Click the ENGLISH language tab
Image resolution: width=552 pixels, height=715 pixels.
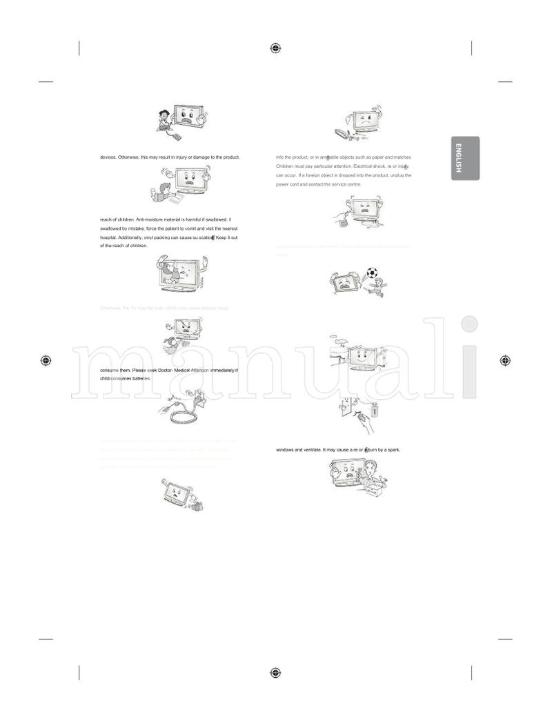pyautogui.click(x=465, y=158)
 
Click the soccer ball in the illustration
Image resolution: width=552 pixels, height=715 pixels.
pyautogui.click(x=373, y=273)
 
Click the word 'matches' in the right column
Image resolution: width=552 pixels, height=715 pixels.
pyautogui.click(x=400, y=158)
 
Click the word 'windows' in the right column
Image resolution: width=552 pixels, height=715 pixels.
pyautogui.click(x=285, y=450)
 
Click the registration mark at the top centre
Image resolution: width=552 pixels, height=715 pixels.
pyautogui.click(x=275, y=48)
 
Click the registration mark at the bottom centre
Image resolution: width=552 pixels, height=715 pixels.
pyautogui.click(x=275, y=673)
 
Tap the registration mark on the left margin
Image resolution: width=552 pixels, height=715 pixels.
pyautogui.click(x=46, y=360)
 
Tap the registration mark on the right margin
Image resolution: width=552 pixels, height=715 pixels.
pyautogui.click(x=505, y=360)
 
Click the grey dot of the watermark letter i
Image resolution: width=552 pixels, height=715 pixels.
pyautogui.click(x=469, y=324)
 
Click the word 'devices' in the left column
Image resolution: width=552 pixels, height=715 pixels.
pyautogui.click(x=108, y=157)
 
